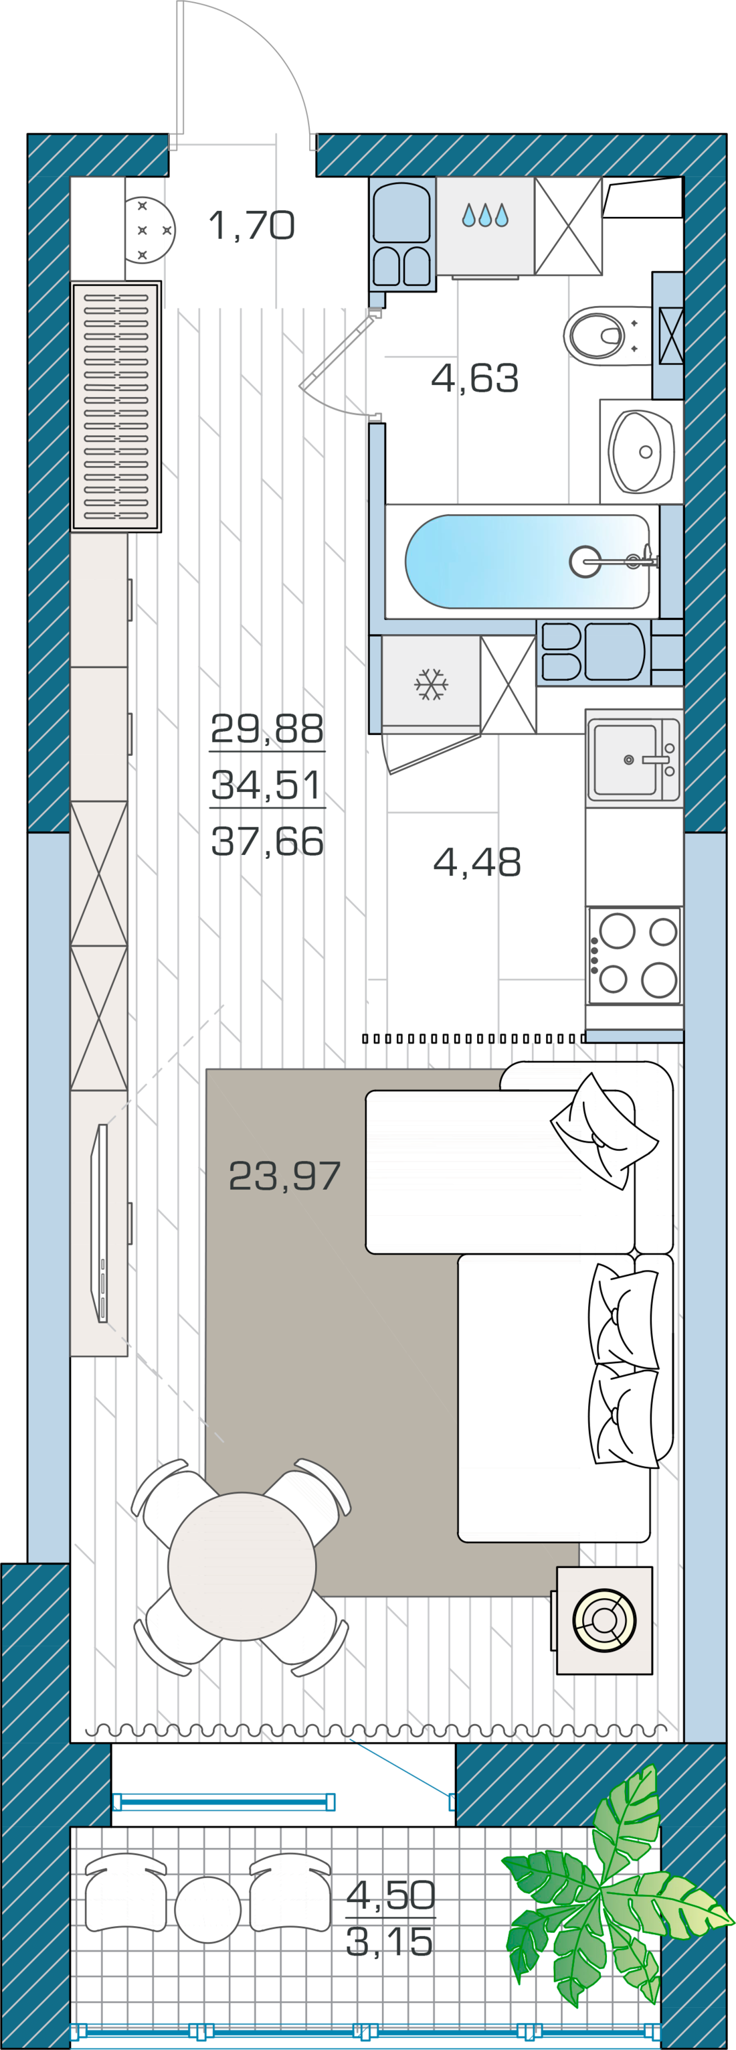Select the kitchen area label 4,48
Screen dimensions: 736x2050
pyautogui.click(x=478, y=861)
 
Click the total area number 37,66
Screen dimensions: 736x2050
pyautogui.click(x=268, y=840)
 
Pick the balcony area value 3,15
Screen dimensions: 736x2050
pyautogui.click(x=390, y=1942)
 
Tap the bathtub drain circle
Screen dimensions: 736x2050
pyautogui.click(x=585, y=562)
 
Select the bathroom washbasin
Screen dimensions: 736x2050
pyautogui.click(x=641, y=452)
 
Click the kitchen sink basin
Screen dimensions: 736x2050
pyautogui.click(x=626, y=759)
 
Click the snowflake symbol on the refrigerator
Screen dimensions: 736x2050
pyautogui.click(x=432, y=684)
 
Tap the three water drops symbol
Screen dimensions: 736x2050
pyautogui.click(x=485, y=215)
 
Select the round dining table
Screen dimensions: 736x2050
pyautogui.click(x=242, y=1566)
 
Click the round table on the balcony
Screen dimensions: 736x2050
pyautogui.click(x=207, y=1910)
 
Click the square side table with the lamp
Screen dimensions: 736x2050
pyautogui.click(x=605, y=1621)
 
